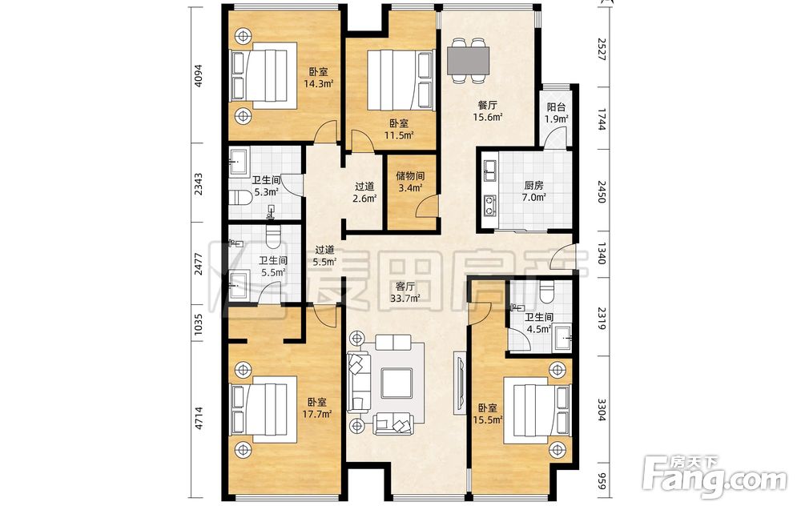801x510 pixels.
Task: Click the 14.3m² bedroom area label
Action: click(319, 78)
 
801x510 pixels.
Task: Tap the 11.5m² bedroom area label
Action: click(398, 129)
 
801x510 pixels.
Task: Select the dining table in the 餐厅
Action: click(469, 60)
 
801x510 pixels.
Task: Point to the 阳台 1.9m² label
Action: click(557, 114)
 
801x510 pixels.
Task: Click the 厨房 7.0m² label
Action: click(533, 191)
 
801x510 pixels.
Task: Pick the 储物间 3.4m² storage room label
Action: click(410, 182)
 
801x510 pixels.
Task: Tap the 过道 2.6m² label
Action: click(364, 192)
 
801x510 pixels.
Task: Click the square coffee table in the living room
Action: click(396, 383)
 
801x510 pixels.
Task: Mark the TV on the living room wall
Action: click(459, 383)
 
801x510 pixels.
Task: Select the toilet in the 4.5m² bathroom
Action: click(546, 291)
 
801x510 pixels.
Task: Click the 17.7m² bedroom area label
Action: click(317, 408)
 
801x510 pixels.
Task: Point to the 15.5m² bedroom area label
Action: click(488, 414)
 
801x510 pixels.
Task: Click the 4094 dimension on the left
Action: click(199, 75)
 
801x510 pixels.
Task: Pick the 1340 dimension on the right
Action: click(602, 254)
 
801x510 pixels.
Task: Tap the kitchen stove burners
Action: click(490, 205)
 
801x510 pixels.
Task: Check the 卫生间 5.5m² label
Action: click(273, 267)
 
